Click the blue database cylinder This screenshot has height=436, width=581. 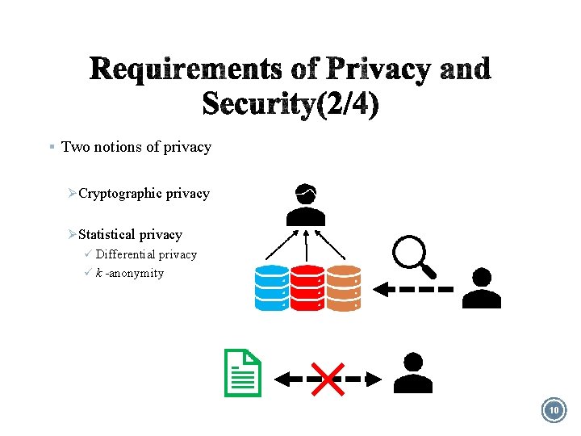[x=271, y=288]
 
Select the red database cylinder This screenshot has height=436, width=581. [x=307, y=288]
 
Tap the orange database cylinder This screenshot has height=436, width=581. [x=343, y=288]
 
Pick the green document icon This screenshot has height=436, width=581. [x=244, y=373]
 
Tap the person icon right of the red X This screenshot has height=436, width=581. [x=412, y=373]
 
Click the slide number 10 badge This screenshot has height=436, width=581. [x=554, y=411]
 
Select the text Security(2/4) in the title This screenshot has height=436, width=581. [x=290, y=104]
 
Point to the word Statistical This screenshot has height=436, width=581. [x=107, y=235]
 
